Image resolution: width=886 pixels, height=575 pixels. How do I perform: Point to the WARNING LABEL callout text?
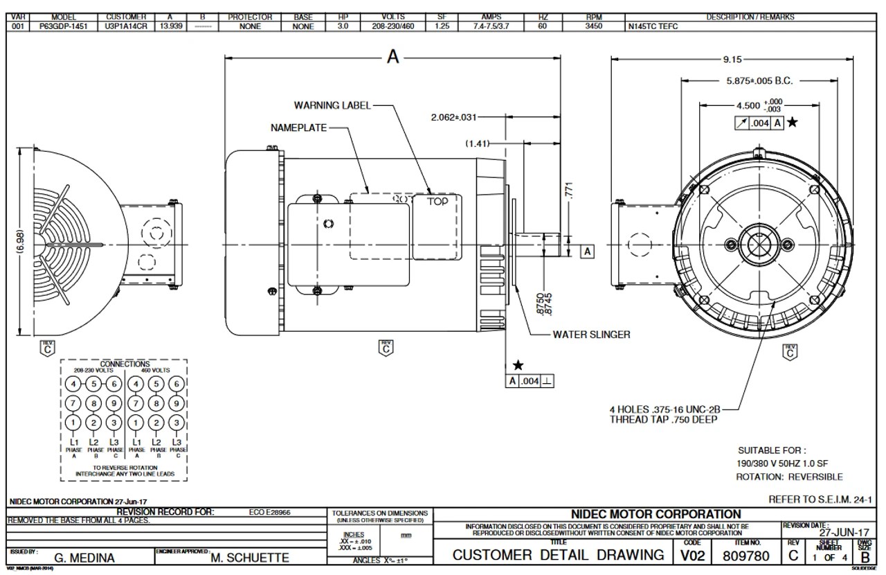tap(332, 105)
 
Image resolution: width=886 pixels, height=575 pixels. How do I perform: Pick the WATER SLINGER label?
tap(591, 334)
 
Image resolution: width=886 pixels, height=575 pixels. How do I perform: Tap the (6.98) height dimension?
tap(21, 242)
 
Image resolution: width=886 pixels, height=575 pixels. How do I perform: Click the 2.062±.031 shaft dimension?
tap(453, 117)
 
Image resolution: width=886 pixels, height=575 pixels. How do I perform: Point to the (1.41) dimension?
tap(478, 143)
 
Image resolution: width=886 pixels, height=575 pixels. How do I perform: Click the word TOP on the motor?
tap(437, 202)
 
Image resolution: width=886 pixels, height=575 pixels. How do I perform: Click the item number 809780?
tap(747, 556)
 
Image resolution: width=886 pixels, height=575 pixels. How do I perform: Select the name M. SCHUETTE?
tap(250, 557)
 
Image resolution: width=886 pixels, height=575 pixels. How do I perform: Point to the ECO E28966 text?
tap(269, 513)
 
